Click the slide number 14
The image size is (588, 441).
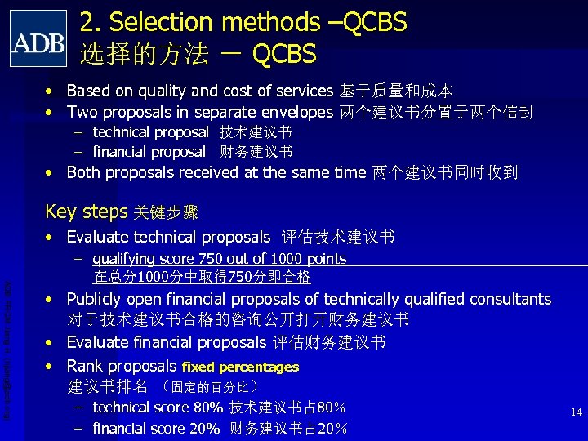click(577, 412)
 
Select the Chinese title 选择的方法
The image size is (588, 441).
click(144, 54)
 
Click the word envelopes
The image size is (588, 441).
click(293, 111)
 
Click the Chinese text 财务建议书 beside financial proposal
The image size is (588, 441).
click(256, 152)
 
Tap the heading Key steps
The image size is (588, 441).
click(86, 212)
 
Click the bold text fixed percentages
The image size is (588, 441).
click(240, 367)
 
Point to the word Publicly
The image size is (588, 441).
click(97, 299)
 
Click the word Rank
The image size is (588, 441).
click(85, 366)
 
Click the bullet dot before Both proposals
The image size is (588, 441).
click(51, 173)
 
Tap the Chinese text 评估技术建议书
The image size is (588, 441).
click(338, 238)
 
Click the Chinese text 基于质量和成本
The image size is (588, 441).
click(396, 91)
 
